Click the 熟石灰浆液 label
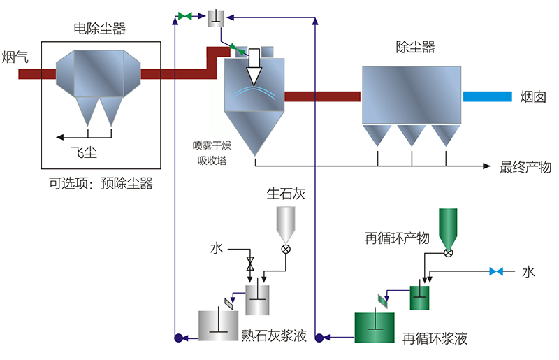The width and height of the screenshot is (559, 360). pos(274,336)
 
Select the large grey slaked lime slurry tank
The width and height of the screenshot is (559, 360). pos(219,326)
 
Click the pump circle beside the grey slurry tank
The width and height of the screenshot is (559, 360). pos(178,338)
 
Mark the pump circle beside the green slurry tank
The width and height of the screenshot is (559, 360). pos(319,338)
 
